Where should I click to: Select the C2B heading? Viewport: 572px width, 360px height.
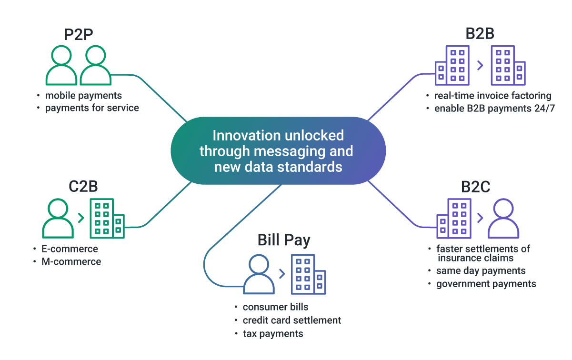[83, 186]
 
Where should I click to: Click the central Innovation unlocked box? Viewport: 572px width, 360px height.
[278, 151]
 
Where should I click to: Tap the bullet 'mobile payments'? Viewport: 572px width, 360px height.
[83, 95]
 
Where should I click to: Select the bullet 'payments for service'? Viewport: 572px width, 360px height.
[92, 108]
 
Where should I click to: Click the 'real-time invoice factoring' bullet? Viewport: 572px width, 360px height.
[492, 96]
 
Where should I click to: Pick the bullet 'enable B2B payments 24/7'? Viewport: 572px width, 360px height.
[494, 109]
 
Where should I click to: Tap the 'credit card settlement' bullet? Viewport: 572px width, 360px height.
[291, 320]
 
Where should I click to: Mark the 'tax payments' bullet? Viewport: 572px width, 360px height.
[272, 333]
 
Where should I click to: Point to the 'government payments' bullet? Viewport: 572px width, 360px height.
[486, 284]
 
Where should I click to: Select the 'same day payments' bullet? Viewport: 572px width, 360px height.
[481, 271]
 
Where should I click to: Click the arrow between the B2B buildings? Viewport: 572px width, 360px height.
[480, 65]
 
